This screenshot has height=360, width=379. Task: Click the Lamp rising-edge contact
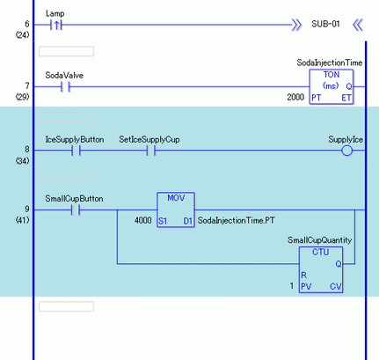click(56, 25)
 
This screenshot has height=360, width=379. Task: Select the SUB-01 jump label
click(325, 24)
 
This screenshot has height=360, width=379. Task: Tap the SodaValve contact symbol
click(65, 87)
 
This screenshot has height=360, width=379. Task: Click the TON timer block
click(332, 87)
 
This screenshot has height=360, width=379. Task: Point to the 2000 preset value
click(295, 97)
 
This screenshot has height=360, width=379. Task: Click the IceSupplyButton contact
click(76, 151)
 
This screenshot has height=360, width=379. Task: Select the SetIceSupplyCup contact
click(151, 151)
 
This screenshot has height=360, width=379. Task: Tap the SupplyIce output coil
click(346, 151)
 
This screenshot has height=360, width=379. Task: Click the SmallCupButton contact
click(76, 210)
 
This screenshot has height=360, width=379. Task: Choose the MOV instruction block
click(176, 209)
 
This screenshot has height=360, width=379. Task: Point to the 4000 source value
click(143, 220)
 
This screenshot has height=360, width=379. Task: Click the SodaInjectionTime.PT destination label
click(237, 220)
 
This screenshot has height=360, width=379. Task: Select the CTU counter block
click(321, 269)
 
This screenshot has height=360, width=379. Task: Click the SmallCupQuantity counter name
click(319, 240)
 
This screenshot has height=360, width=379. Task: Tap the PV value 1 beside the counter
click(292, 286)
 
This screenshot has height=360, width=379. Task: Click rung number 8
click(27, 150)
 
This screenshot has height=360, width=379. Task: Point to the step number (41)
click(22, 220)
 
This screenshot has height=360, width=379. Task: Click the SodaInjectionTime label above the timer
click(330, 62)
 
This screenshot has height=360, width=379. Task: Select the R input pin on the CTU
click(304, 276)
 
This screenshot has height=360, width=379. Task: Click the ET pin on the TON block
click(346, 98)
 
